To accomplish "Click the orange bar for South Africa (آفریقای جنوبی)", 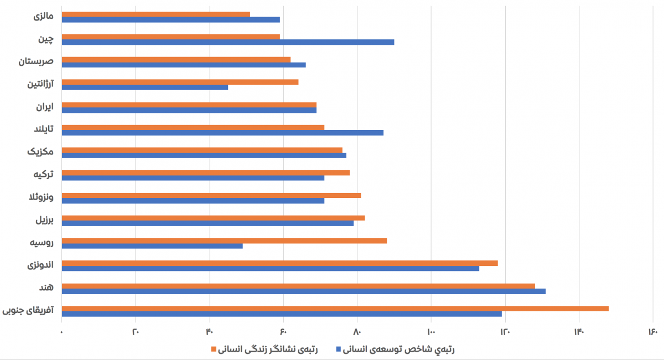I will pyautogui.click(x=335, y=308).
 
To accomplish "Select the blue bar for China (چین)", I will pyautogui.click(x=227, y=42).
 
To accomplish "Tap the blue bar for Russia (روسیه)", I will pyautogui.click(x=152, y=246).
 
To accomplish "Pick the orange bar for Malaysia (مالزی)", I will pyautogui.click(x=155, y=14).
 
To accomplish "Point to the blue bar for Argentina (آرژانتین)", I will pyautogui.click(x=144, y=87).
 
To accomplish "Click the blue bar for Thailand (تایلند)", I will pyautogui.click(x=222, y=133).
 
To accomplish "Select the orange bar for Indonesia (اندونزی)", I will pyautogui.click(x=279, y=263).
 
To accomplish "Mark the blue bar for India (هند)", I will pyautogui.click(x=303, y=291).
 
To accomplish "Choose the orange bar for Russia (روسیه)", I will pyautogui.click(x=224, y=240).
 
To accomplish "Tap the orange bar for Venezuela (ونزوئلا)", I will pyautogui.click(x=211, y=195).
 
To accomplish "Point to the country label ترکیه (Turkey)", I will pyautogui.click(x=43, y=174).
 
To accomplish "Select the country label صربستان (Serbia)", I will pyautogui.click(x=36, y=61).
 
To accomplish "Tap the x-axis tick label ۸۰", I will pyautogui.click(x=357, y=331).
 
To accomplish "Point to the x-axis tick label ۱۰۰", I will pyautogui.click(x=431, y=331).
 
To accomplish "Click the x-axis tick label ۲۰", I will pyautogui.click(x=136, y=331).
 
